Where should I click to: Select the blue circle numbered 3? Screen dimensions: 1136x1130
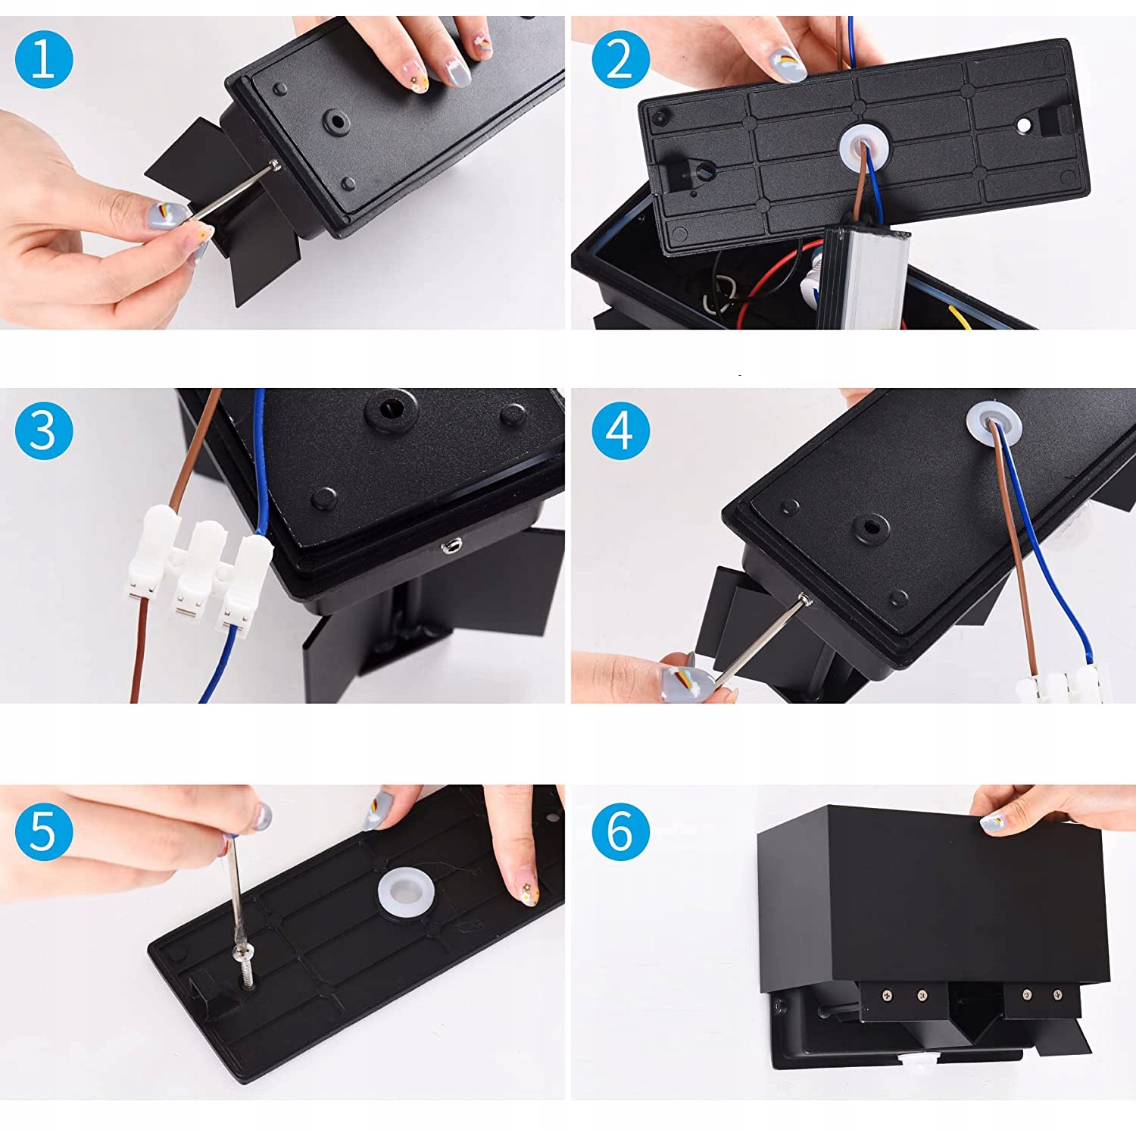[x=44, y=430]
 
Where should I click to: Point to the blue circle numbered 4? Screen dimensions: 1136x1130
[x=620, y=430]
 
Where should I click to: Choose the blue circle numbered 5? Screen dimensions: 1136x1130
[x=44, y=831]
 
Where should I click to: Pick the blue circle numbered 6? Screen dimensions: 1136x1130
[x=620, y=831]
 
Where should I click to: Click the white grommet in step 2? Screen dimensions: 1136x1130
[x=864, y=148]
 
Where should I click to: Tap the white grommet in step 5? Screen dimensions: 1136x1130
[x=407, y=891]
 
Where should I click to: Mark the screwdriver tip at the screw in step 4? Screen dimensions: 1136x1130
[x=806, y=599]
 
